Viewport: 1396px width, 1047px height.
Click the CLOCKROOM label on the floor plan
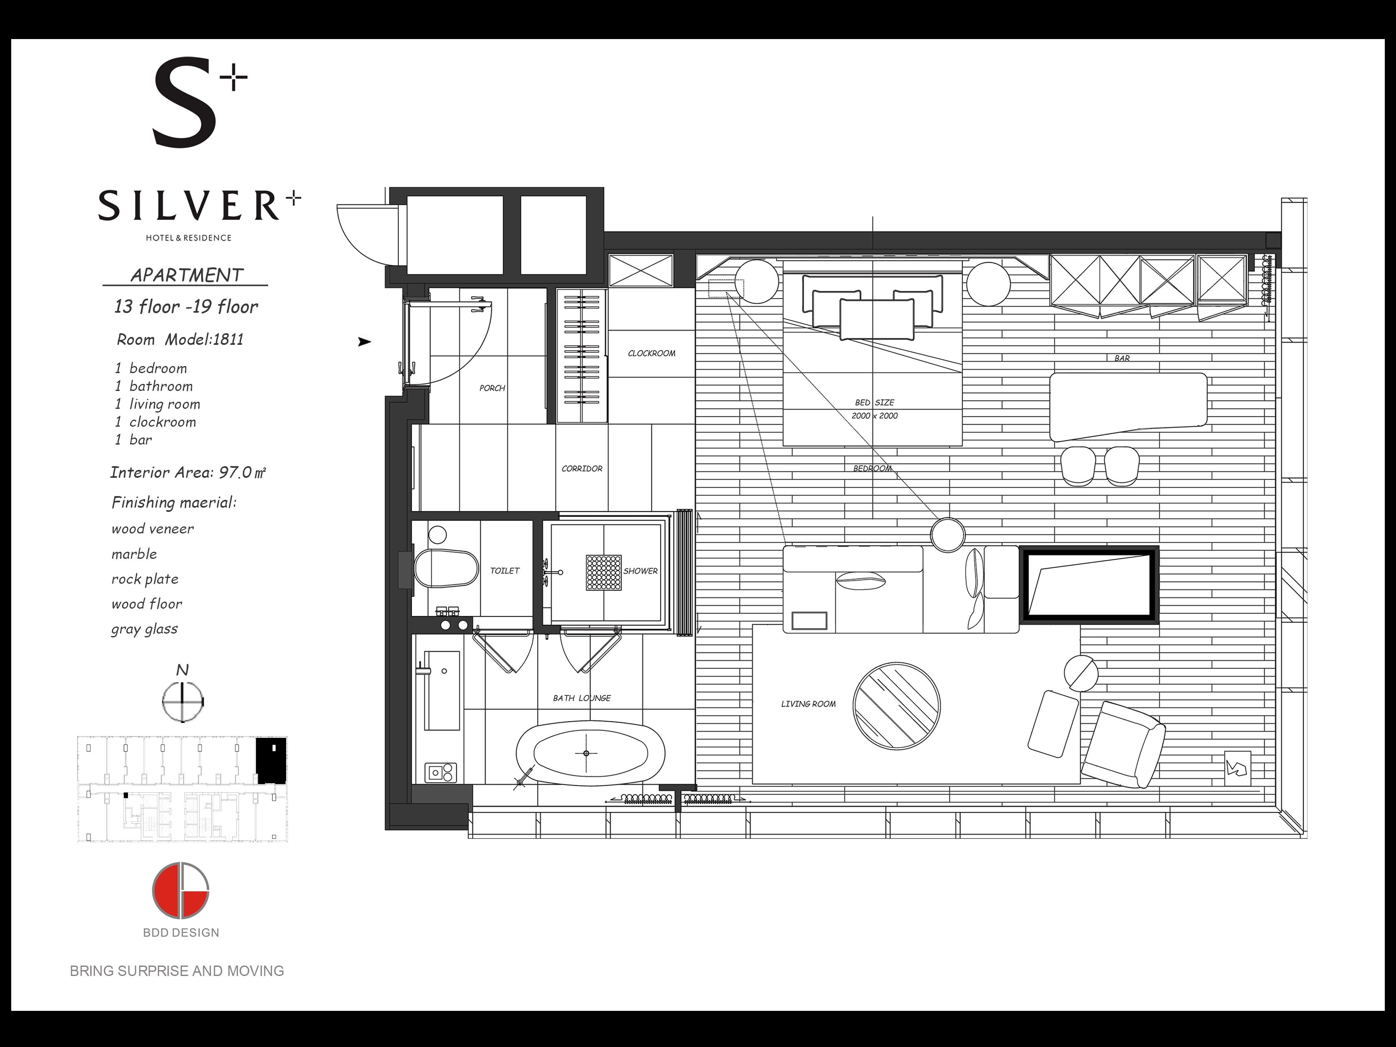click(651, 354)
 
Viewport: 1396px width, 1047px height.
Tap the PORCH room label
click(492, 388)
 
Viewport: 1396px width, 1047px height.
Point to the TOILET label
click(505, 570)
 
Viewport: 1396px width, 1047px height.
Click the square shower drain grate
click(603, 573)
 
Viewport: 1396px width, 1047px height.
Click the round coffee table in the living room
click(896, 706)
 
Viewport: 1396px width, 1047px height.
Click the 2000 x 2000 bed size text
click(875, 416)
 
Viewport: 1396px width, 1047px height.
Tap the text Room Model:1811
click(180, 339)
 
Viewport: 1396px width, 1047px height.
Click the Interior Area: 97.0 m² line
click(188, 473)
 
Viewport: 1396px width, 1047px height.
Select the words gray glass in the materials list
click(145, 629)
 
